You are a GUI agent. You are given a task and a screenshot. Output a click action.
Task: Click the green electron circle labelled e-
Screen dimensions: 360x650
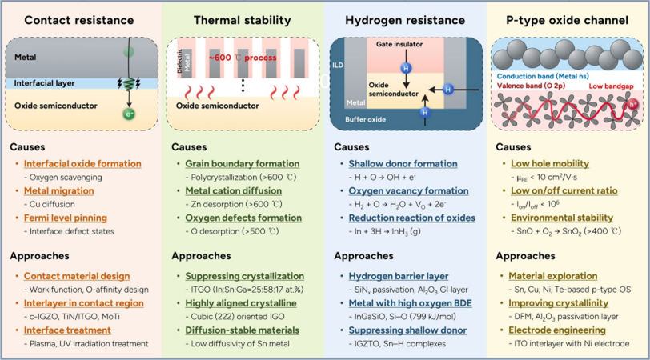coord(127,115)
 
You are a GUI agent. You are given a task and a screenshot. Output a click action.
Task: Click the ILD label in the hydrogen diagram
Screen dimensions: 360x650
coord(339,78)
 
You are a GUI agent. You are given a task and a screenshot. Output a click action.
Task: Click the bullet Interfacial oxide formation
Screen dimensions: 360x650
coord(82,163)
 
